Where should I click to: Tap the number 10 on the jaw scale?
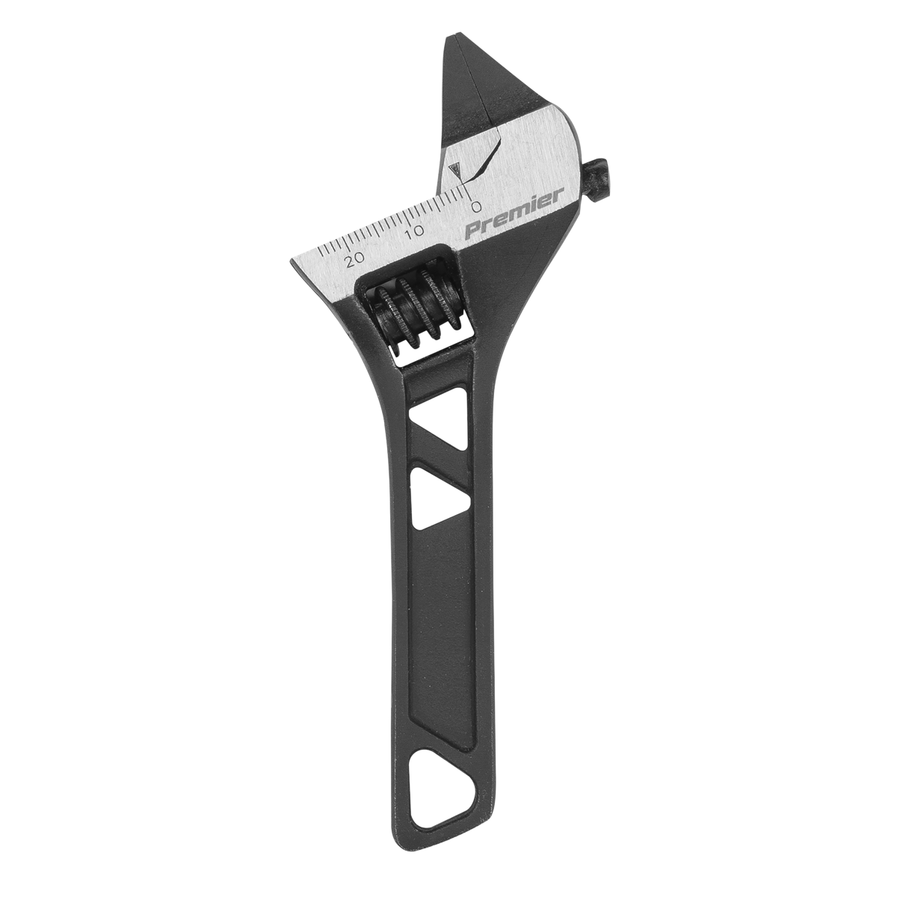pos(416,231)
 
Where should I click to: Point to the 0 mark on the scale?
pos(475,204)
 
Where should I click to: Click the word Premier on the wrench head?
pos(514,215)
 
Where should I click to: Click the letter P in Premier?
pos(472,229)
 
